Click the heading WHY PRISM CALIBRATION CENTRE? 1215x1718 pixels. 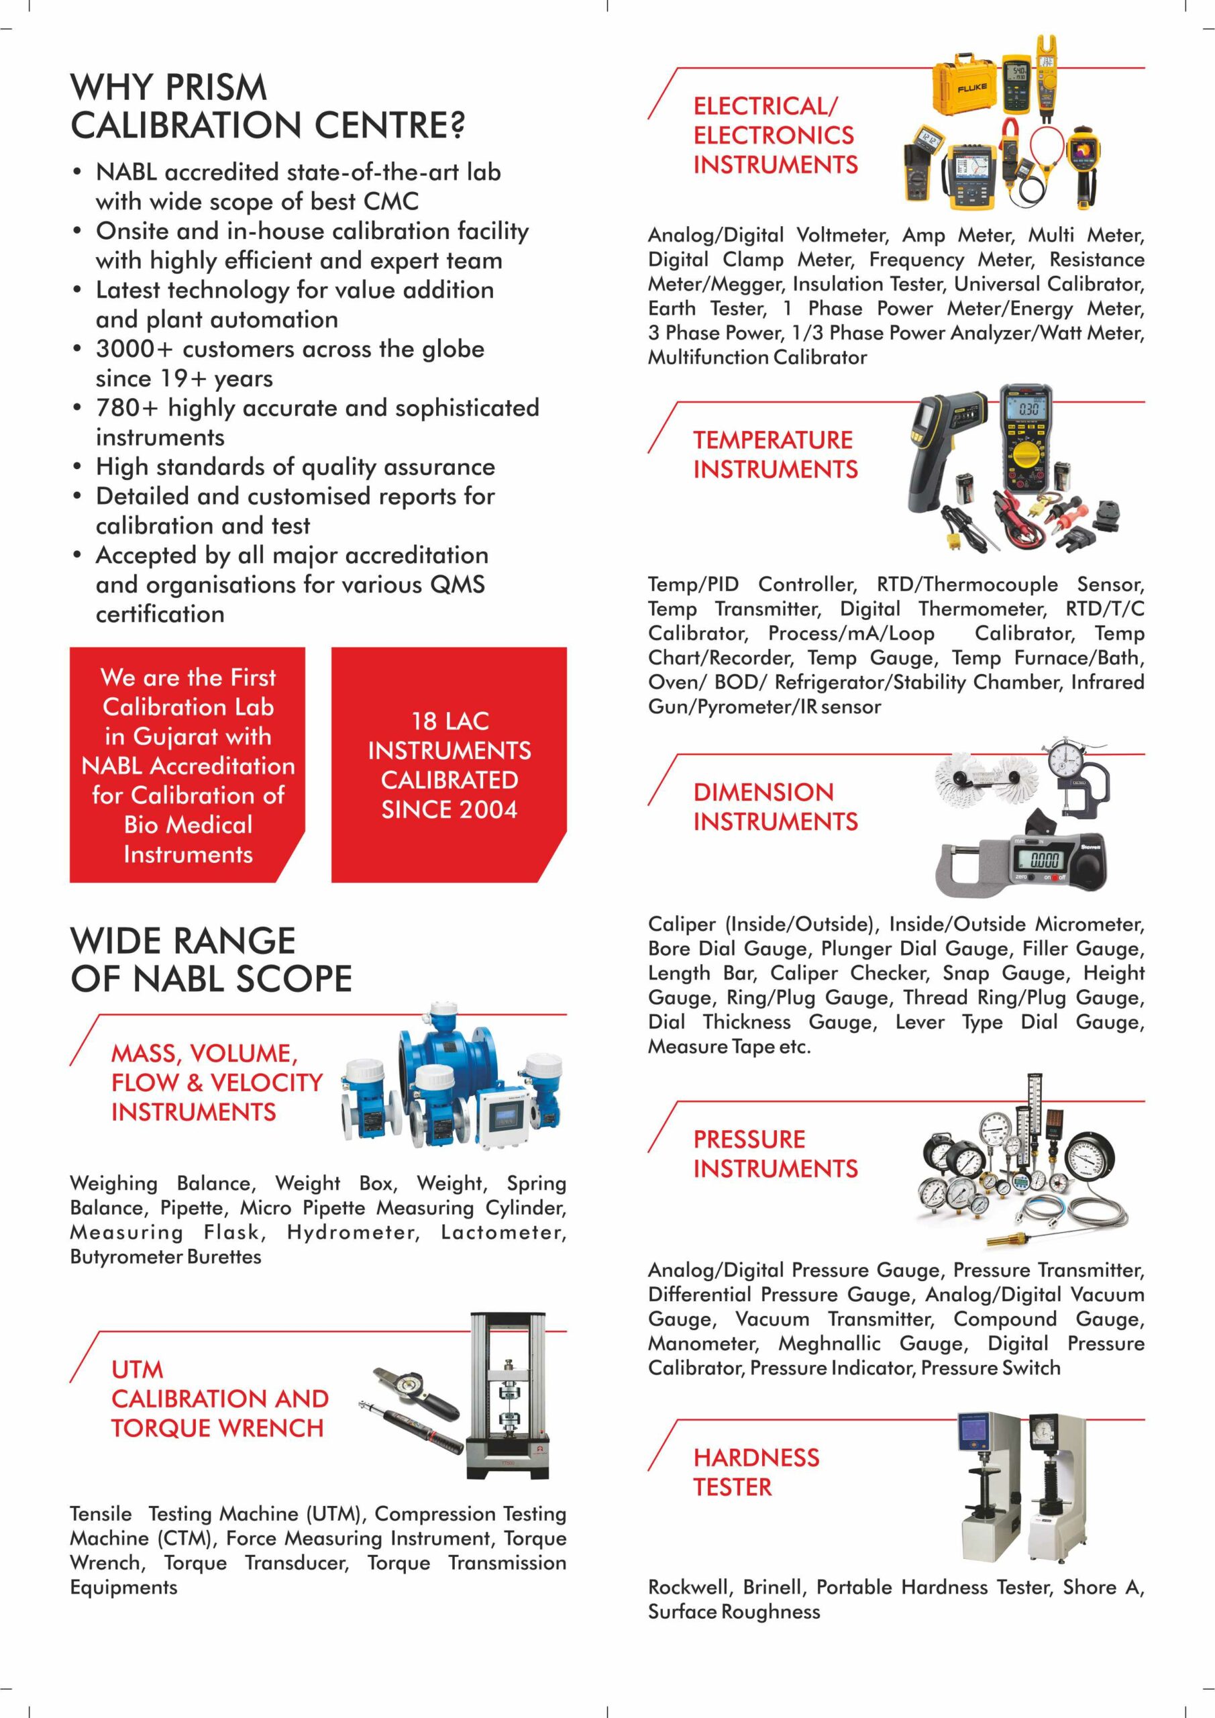coord(267,106)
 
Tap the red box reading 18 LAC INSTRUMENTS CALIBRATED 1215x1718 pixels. coord(449,765)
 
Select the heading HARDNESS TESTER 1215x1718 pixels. coord(755,1472)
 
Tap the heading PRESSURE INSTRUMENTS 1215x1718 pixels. coord(775,1154)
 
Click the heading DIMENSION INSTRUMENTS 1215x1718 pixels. coord(775,807)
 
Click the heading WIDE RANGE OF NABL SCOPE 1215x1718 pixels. coord(211,959)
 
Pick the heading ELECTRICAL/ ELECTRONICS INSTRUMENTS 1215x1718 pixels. coord(775,136)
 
